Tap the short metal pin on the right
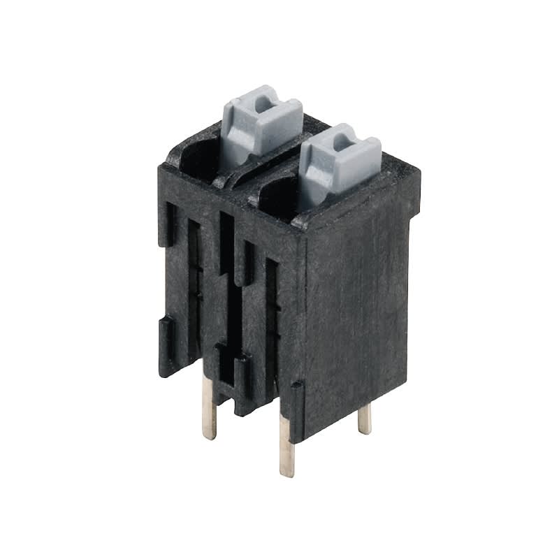(x=364, y=419)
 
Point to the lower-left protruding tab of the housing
(x=167, y=346)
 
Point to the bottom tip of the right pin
(x=365, y=432)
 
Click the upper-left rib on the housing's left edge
(x=167, y=224)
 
